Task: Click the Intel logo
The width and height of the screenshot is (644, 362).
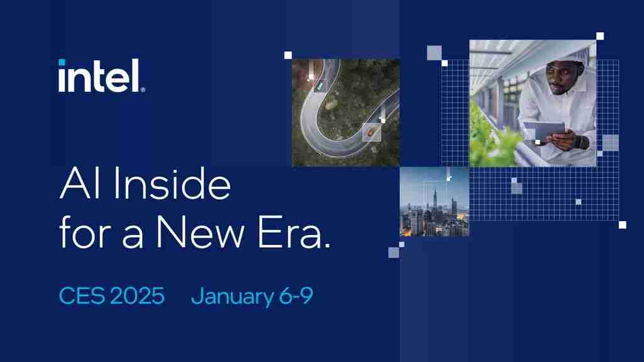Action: (x=101, y=76)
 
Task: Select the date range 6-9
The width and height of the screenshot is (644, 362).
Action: (x=295, y=295)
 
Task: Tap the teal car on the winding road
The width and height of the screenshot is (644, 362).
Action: (x=320, y=84)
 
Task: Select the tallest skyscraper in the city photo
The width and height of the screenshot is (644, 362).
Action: (x=435, y=201)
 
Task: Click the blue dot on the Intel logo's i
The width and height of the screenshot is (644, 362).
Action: (x=62, y=62)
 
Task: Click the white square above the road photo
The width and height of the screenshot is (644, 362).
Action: (x=288, y=55)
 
